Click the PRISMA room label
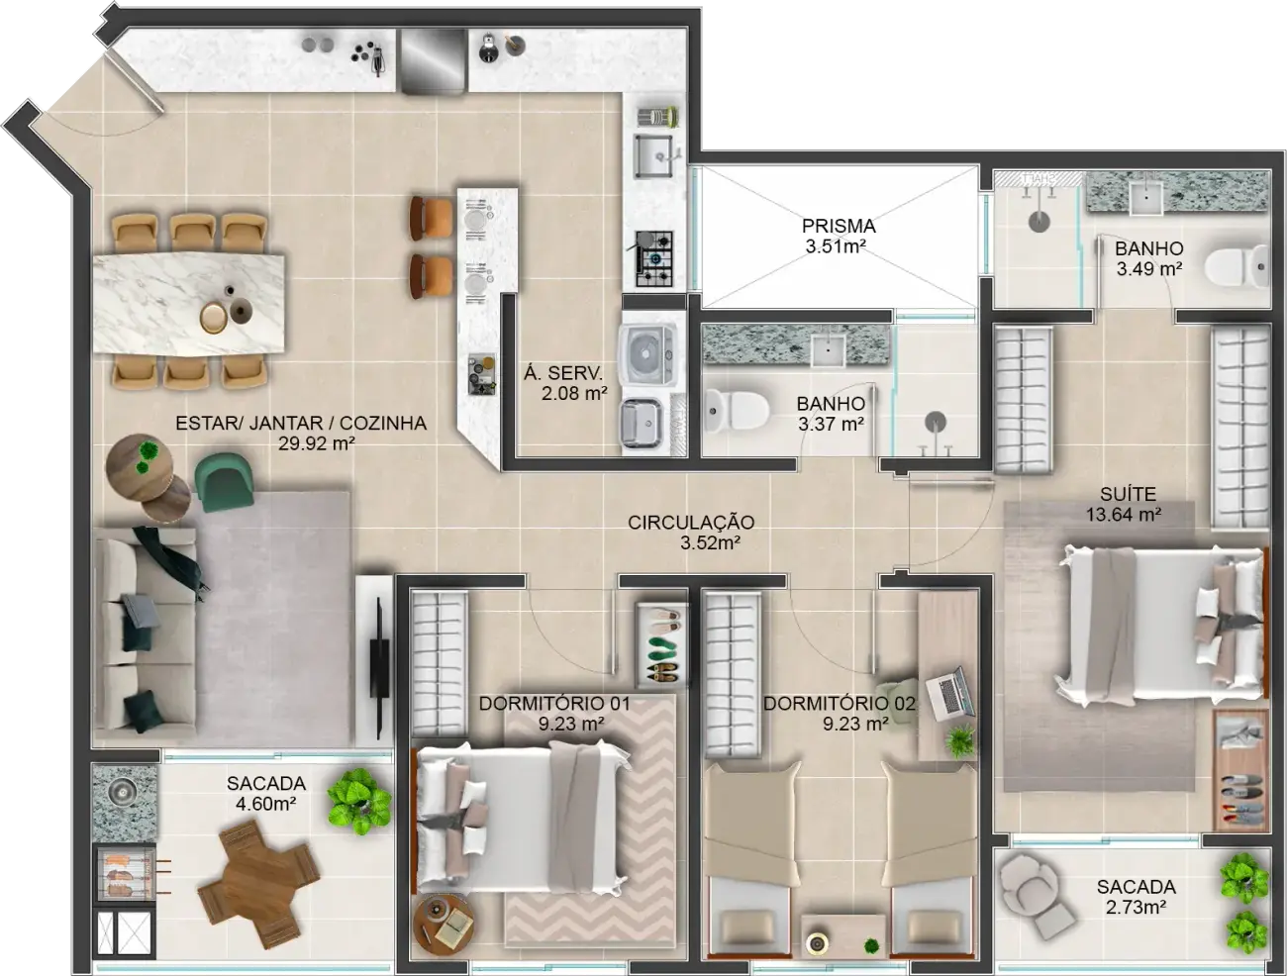839,226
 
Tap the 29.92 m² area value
317,443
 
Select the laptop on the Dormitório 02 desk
949,694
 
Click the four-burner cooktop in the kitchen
654,258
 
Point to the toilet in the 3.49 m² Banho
1237,267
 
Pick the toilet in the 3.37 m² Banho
737,411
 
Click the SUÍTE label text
1128,494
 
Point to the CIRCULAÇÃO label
691,523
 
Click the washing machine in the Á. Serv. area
646,354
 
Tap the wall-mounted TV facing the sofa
379,668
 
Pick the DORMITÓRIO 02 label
840,704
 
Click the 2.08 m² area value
574,393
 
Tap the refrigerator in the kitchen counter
433,61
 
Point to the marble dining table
189,305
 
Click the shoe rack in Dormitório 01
662,644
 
